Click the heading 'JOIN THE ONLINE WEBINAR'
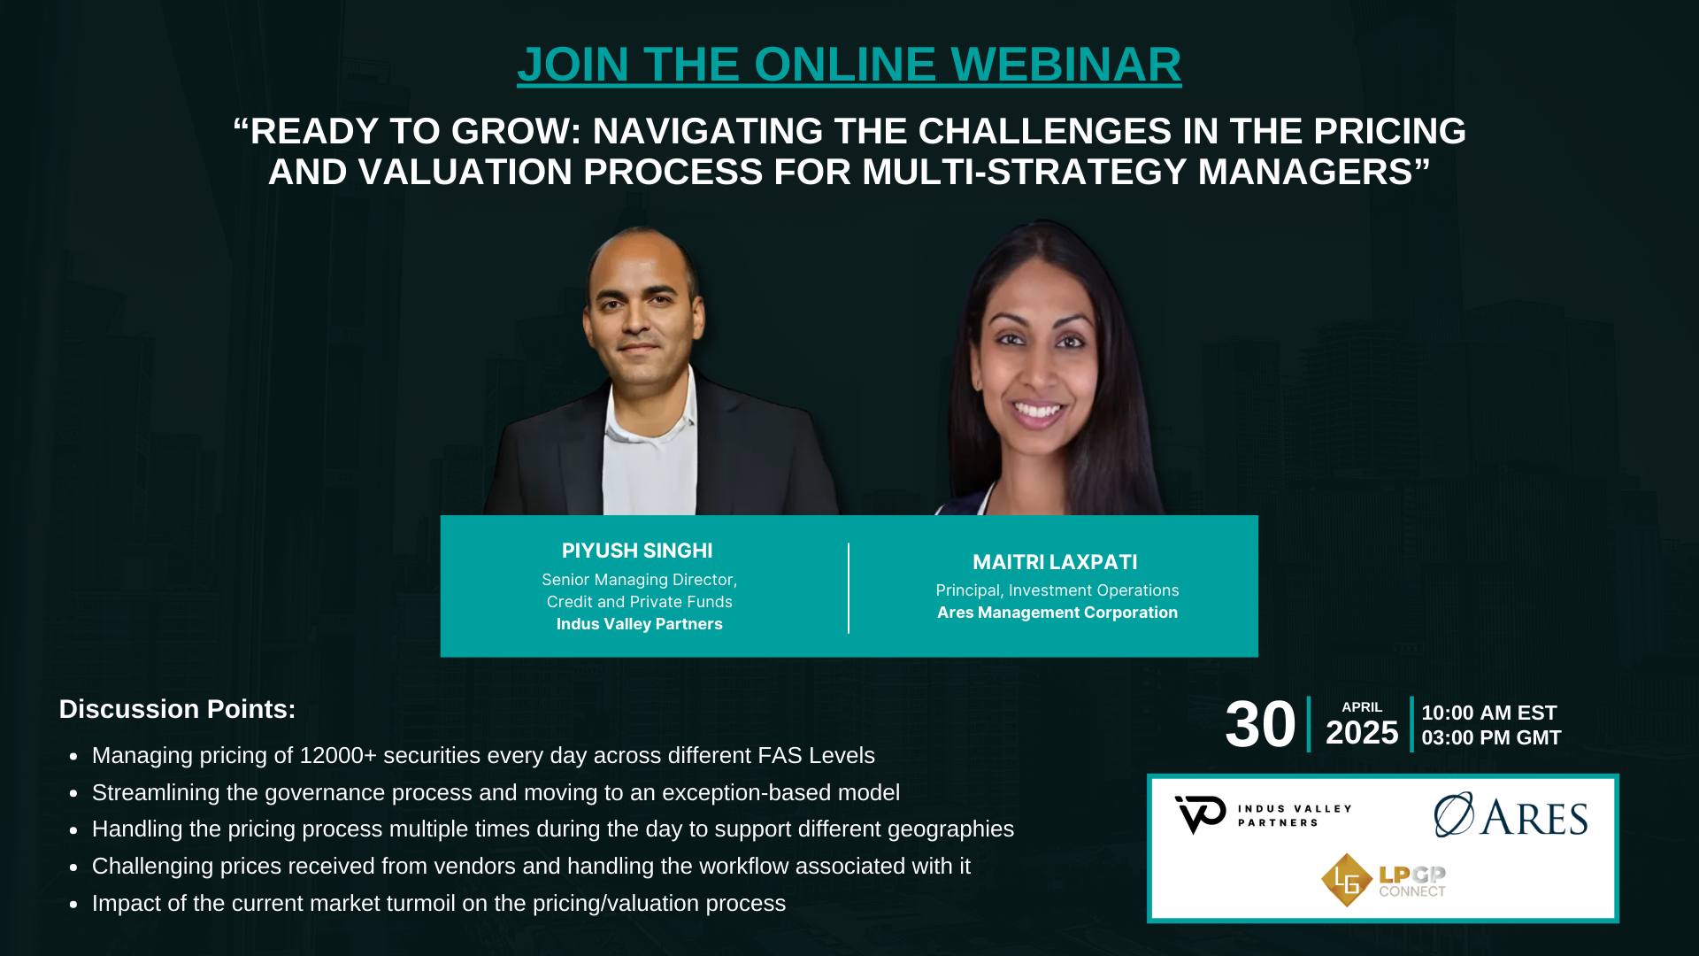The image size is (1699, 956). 849,65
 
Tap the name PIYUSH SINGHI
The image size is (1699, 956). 637,551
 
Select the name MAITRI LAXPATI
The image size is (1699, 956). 1055,562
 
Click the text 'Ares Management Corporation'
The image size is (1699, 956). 1057,613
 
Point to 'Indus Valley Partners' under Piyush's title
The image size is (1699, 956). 639,624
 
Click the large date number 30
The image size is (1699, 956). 1260,725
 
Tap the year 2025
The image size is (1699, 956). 1362,733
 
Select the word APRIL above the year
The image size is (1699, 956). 1362,707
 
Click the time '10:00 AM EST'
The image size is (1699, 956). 1489,713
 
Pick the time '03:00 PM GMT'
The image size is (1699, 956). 1491,738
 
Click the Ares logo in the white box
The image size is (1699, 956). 1511,814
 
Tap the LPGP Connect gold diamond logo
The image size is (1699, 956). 1346,880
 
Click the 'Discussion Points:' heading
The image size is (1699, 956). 177,709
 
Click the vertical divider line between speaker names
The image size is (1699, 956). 849,588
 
